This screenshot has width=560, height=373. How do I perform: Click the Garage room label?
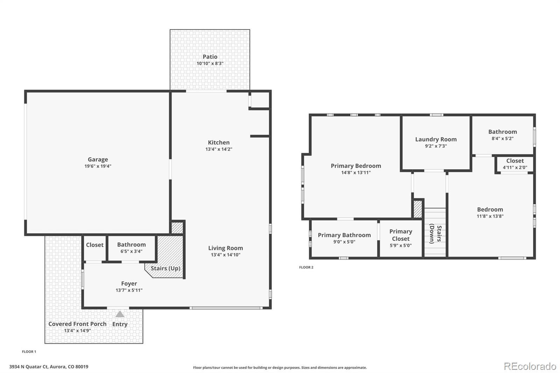point(98,159)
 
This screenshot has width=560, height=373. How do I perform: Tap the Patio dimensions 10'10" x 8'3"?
point(210,63)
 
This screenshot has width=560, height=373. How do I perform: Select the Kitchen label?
point(219,142)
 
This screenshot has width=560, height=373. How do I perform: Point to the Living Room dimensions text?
point(225,255)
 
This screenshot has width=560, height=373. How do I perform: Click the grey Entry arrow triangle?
point(120,314)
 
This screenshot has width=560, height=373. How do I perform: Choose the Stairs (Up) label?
point(166,268)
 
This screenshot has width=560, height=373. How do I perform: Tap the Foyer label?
point(129,283)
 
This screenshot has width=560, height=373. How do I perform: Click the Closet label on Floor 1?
point(95,245)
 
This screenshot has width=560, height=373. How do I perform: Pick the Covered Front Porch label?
point(77,324)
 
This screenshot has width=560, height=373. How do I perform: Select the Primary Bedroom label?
point(356,166)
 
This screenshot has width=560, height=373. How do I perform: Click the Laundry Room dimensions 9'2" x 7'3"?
point(436,146)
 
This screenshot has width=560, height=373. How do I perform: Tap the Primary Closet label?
point(401,235)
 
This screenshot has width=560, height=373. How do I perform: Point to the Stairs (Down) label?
point(436,233)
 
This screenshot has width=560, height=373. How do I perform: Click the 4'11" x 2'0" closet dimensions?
point(515,168)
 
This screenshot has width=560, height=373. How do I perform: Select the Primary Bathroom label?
point(344,235)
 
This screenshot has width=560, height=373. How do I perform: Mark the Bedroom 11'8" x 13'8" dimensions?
point(490,216)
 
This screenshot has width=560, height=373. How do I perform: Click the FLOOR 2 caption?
point(306,267)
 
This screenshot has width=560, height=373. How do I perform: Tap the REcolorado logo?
point(530,366)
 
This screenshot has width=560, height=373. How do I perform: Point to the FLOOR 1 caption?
point(29,352)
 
